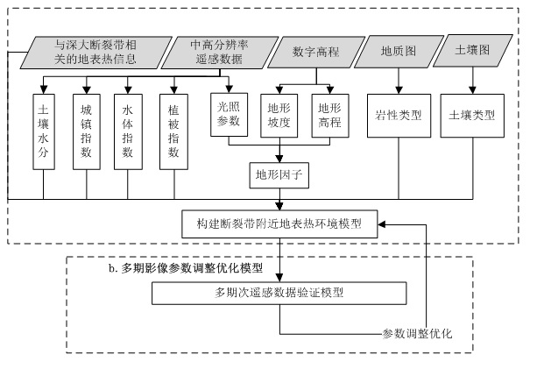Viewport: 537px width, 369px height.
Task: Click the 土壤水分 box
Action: coord(44,131)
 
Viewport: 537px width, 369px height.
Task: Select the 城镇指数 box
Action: coord(87,131)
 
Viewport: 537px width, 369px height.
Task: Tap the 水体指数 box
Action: coord(128,131)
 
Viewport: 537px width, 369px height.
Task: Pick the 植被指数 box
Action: coord(173,131)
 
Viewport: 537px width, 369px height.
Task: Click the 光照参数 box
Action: coord(229,115)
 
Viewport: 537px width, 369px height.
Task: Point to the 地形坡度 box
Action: coord(279,116)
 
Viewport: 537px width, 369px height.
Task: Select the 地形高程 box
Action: coord(330,116)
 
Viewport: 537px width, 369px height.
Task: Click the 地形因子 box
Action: coord(279,175)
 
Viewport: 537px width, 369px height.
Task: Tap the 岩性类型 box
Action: coord(399,116)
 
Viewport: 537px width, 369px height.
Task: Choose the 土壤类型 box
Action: coord(472,116)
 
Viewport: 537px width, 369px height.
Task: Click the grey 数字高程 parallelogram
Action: coord(316,52)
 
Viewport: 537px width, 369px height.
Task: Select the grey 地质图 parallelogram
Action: coord(399,52)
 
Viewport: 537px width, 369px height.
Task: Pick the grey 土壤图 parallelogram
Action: coord(473,50)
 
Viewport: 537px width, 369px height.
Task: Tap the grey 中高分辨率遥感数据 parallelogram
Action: coord(220,53)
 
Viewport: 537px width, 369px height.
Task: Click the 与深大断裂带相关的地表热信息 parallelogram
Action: coord(95,53)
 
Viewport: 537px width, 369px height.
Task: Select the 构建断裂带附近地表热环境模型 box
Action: coord(279,224)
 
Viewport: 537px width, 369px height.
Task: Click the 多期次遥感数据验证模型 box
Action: coord(279,294)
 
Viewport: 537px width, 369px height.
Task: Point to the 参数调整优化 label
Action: coord(417,333)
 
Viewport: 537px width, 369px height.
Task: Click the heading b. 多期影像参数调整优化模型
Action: coord(186,268)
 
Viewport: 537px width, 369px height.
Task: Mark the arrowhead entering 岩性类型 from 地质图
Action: coord(399,90)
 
